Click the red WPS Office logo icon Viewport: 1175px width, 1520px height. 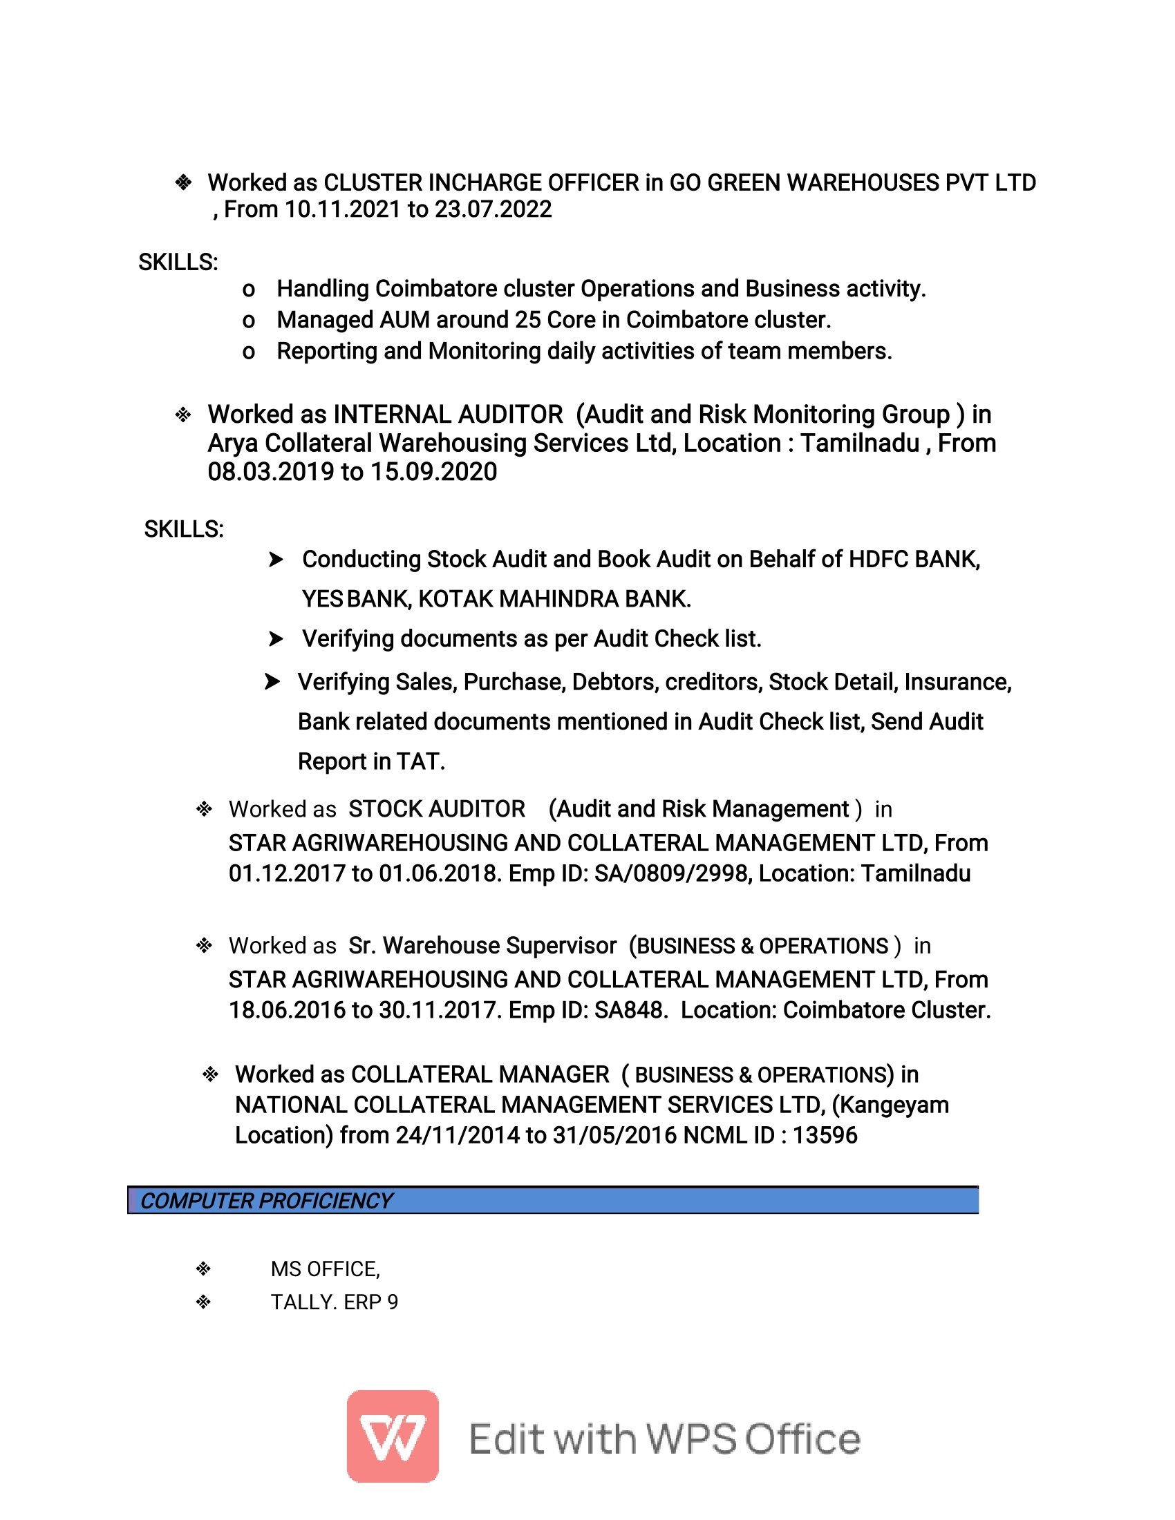(393, 1436)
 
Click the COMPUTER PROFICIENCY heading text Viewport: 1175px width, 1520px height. (267, 1201)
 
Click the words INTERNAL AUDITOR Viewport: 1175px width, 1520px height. (448, 415)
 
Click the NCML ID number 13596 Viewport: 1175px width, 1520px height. (825, 1135)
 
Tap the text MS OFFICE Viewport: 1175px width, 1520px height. (324, 1269)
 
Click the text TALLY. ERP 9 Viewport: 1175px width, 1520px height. (334, 1302)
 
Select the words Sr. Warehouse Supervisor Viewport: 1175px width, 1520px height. (482, 946)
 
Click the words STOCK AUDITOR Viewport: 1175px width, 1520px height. (436, 810)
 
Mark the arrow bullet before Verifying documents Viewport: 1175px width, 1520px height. (276, 639)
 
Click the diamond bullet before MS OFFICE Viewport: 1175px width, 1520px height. (203, 1269)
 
